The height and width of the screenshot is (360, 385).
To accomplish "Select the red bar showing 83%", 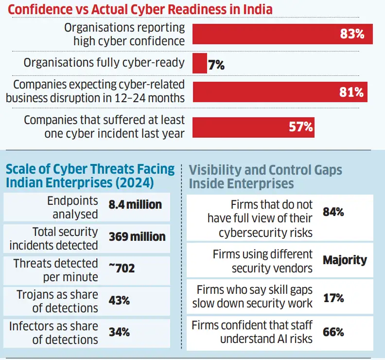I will pos(282,34).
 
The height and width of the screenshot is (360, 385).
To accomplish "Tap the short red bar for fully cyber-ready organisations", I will pos(200,63).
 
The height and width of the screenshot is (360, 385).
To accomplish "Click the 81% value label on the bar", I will pos(352,92).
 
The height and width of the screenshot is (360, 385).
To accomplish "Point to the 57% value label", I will pos(301,126).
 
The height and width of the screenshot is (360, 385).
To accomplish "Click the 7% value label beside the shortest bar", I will pos(216,64).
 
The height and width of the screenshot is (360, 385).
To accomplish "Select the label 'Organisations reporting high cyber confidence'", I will pos(124,34).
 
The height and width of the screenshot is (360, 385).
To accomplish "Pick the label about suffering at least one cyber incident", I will pos(104,126).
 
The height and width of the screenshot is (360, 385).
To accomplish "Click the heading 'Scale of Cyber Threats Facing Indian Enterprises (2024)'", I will pos(90,176).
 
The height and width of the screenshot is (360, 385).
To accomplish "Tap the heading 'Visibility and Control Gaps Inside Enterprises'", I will pos(265,177).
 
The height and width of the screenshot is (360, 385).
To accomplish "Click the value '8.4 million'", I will pos(135,205).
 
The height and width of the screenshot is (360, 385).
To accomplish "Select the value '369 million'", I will pos(138,237).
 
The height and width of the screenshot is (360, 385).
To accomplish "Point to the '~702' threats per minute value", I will pos(122,269).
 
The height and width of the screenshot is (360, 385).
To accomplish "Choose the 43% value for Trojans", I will pos(119,300).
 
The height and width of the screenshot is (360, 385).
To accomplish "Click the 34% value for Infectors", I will pos(119,332).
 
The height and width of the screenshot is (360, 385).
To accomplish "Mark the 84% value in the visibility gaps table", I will pos(333,212).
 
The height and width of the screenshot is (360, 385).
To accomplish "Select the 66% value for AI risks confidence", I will pos(333,332).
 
